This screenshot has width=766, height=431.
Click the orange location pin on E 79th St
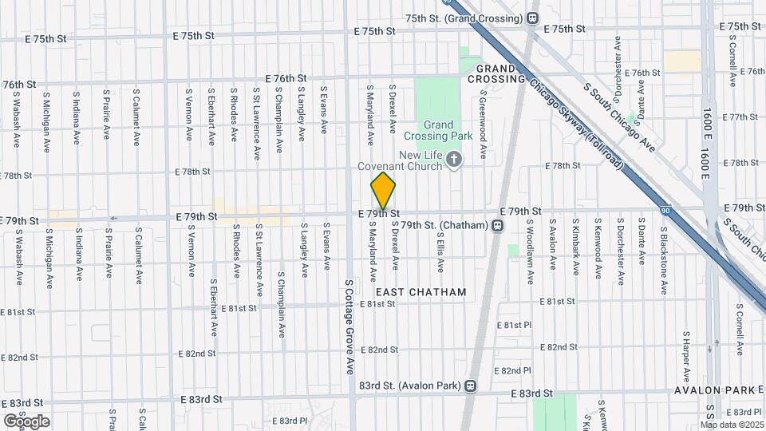[383, 190]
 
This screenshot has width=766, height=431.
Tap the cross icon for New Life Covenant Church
[454, 160]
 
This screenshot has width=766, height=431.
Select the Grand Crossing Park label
[438, 130]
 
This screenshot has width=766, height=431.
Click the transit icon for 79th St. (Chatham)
[497, 226]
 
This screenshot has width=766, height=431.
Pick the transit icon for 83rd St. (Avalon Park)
[471, 386]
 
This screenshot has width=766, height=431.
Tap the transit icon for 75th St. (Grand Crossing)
[532, 18]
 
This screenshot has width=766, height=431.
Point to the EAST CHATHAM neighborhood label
[421, 292]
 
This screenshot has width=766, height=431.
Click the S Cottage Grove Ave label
[349, 326]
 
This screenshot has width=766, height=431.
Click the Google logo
[26, 421]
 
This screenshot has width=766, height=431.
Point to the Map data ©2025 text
[732, 425]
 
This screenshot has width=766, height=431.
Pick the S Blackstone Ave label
[663, 254]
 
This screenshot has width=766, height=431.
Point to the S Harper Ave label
[686, 356]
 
